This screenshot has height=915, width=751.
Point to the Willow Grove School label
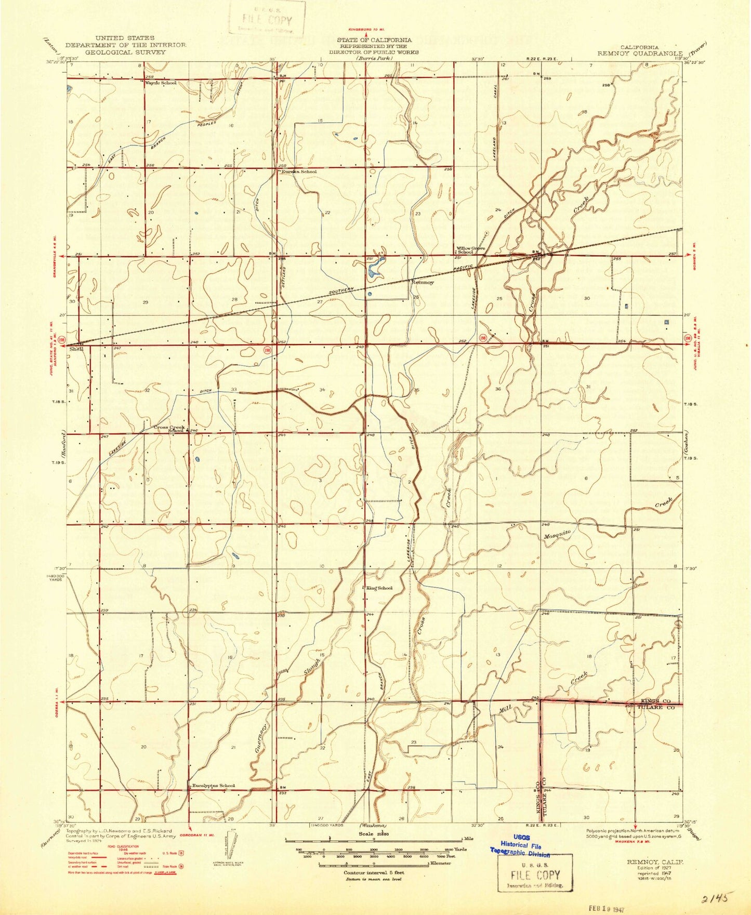[470, 250]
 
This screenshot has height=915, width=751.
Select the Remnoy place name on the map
[422, 283]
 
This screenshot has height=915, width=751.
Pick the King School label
[379, 588]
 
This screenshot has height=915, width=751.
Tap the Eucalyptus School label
[213, 786]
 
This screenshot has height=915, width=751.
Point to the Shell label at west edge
[76, 349]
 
